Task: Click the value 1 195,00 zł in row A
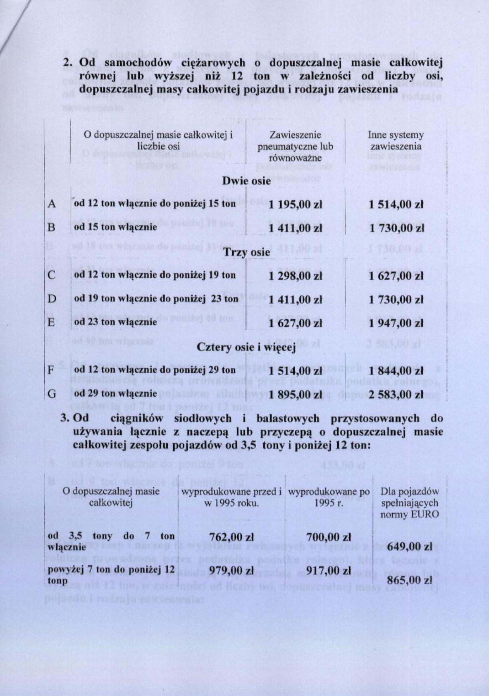[x=295, y=205]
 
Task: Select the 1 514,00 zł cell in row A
[x=396, y=205]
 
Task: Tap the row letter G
[x=52, y=393]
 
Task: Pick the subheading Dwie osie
[x=247, y=181]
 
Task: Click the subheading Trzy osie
[x=247, y=252]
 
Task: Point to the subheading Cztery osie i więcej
[x=246, y=347]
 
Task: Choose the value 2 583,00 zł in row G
[x=396, y=394]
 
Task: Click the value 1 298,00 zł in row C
[x=295, y=276]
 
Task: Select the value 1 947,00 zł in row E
[x=396, y=324]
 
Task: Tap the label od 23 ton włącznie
[x=116, y=322]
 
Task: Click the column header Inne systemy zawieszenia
[x=396, y=141]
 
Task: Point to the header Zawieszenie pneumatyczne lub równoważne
[x=295, y=146]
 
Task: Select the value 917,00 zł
[x=329, y=571]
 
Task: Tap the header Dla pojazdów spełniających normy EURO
[x=410, y=503]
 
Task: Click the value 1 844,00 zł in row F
[x=396, y=371]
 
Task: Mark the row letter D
[x=52, y=298]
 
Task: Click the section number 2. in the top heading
[x=69, y=63]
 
